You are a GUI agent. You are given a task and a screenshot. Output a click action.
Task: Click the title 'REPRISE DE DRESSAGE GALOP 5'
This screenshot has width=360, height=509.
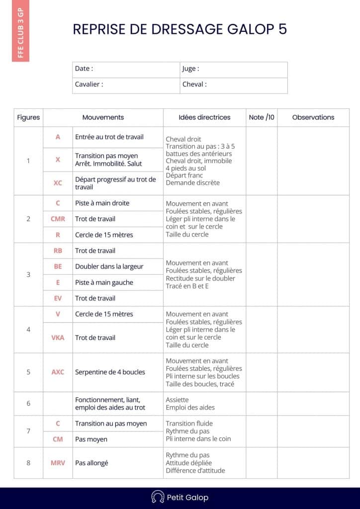[180, 29]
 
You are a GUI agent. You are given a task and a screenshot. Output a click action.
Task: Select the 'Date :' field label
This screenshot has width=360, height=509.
[84, 69]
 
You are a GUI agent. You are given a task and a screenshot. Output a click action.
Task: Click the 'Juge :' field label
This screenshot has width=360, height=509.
[190, 69]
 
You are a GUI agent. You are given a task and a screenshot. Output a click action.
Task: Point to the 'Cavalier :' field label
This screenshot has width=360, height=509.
[89, 85]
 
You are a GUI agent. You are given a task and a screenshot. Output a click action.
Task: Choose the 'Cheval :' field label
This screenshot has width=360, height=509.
[194, 85]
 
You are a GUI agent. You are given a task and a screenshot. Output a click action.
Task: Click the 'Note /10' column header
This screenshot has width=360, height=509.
[262, 117]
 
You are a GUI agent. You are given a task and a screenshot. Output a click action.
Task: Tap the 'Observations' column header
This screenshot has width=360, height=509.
[313, 117]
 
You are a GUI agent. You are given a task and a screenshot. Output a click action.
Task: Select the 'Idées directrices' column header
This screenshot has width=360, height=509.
[204, 117]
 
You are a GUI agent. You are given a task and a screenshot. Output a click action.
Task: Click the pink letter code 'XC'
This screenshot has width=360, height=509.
[58, 183]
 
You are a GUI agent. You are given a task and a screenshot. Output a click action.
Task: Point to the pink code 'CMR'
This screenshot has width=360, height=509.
[58, 219]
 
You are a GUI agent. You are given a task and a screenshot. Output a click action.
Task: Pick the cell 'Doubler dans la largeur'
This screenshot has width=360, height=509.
[109, 266]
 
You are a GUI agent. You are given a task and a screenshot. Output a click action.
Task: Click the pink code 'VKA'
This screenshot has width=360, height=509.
[58, 338]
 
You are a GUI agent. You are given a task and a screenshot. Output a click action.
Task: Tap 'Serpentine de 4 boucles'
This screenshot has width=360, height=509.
[110, 372]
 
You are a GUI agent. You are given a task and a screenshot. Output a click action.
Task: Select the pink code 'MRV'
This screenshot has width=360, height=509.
[58, 463]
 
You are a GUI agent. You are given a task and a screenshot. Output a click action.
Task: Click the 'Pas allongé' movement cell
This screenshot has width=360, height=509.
[91, 463]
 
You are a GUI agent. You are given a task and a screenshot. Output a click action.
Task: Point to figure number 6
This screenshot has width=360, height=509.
[28, 403]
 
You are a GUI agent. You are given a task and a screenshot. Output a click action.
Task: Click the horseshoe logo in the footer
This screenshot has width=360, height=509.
[158, 497]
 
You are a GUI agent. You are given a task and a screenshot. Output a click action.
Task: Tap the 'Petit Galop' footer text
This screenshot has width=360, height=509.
[187, 498]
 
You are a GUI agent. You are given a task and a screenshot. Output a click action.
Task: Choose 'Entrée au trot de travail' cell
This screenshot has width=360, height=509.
[109, 137]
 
